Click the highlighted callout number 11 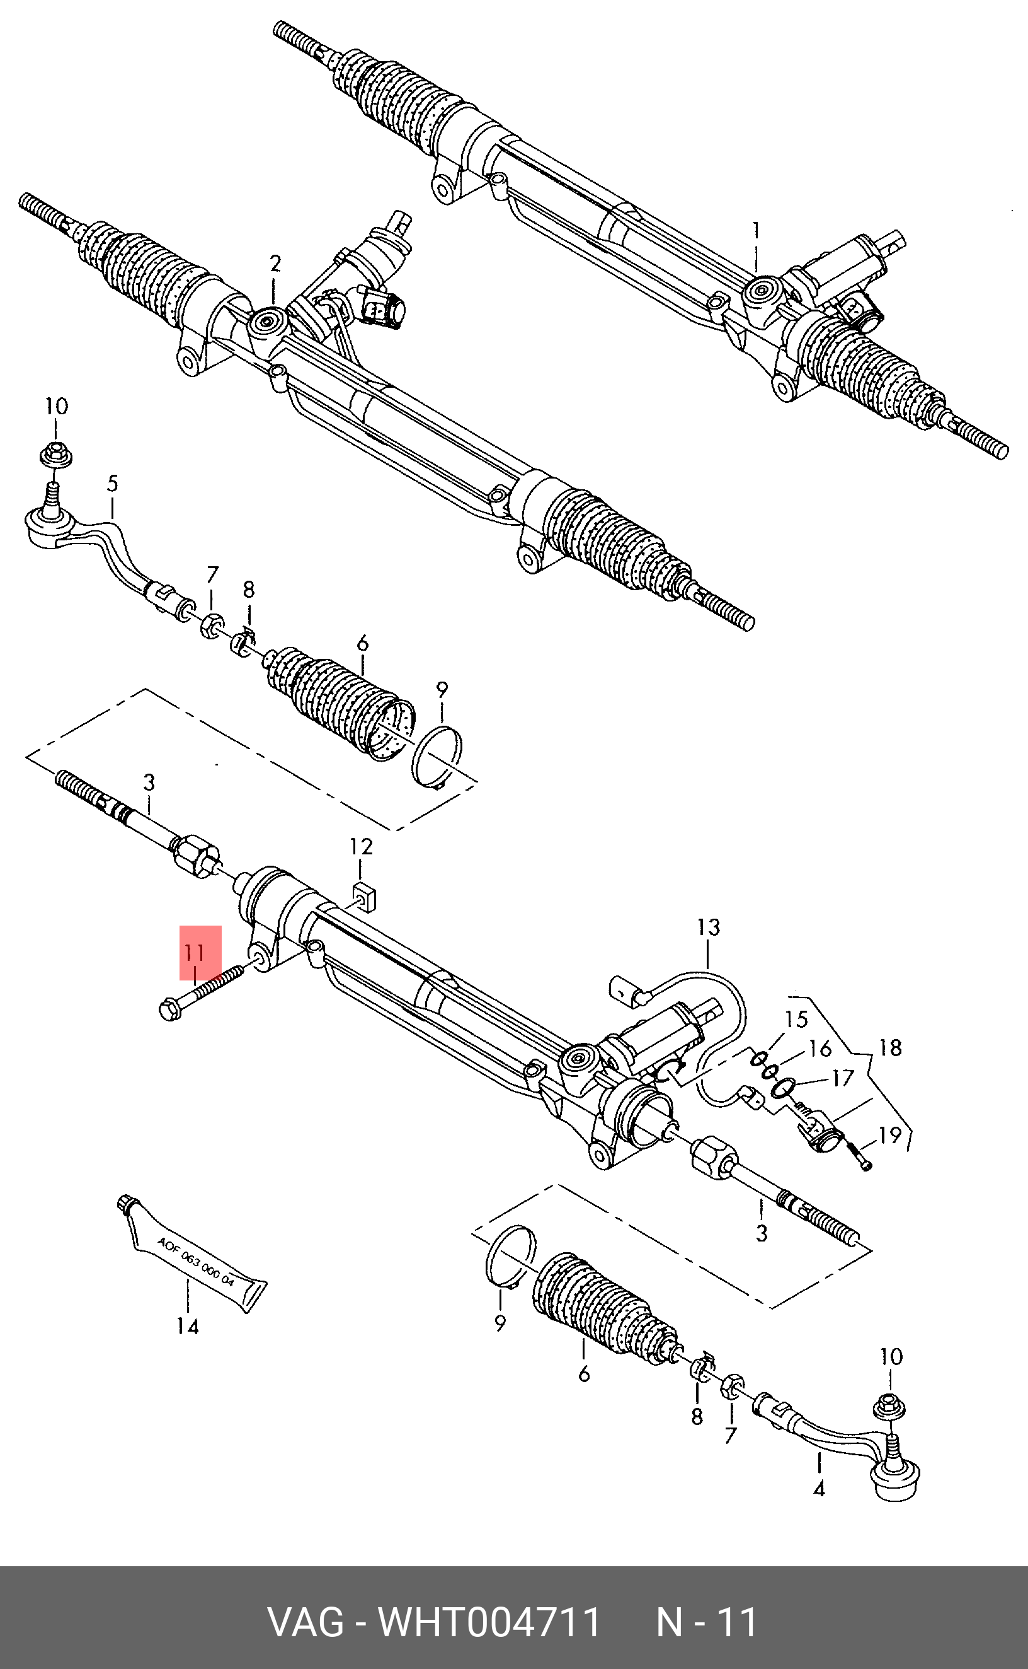click(195, 951)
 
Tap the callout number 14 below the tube click(187, 1326)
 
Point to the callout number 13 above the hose click(708, 927)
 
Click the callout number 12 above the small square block click(361, 847)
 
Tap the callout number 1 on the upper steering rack click(755, 231)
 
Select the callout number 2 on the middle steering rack click(275, 264)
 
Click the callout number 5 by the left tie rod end click(112, 484)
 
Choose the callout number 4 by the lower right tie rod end click(819, 1489)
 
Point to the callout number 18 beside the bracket click(890, 1048)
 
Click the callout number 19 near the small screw click(890, 1134)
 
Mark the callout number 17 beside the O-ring click(842, 1078)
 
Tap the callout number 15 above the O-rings click(796, 1019)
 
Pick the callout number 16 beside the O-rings click(821, 1049)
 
